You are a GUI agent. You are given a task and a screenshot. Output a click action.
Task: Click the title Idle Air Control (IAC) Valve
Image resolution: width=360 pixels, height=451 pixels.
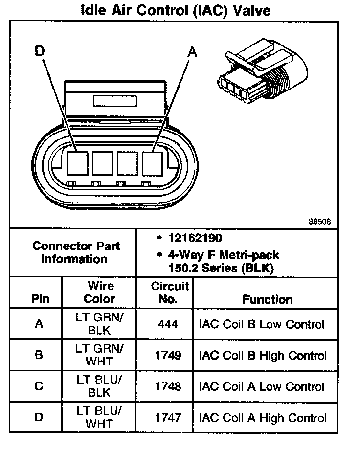(x=175, y=10)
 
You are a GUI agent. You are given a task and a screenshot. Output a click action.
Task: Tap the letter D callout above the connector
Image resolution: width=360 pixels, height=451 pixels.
(x=40, y=51)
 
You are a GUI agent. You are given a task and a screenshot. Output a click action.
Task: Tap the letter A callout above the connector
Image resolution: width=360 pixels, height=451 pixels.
(x=193, y=52)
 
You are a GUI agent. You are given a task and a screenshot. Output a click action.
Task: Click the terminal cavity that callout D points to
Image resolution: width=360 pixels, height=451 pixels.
(x=77, y=163)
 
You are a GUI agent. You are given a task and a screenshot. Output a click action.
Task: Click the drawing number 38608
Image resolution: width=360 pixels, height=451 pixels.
(x=320, y=221)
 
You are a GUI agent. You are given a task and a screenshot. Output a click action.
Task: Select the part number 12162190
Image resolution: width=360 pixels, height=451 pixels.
(x=194, y=238)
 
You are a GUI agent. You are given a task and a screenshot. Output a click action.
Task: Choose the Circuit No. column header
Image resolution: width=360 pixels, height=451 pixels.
(x=169, y=292)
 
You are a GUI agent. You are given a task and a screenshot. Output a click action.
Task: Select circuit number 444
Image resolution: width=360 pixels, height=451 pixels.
(x=168, y=324)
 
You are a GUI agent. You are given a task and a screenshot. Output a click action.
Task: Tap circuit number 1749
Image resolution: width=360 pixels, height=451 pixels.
(x=168, y=356)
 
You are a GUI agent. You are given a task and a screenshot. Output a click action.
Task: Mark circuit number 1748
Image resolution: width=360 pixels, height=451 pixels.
(x=168, y=387)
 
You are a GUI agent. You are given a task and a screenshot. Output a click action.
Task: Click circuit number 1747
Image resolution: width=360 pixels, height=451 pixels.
(x=168, y=418)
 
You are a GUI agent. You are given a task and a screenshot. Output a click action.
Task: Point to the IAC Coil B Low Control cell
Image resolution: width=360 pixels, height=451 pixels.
(x=262, y=324)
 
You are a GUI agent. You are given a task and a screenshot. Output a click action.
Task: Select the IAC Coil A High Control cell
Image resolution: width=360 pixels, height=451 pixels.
(x=263, y=418)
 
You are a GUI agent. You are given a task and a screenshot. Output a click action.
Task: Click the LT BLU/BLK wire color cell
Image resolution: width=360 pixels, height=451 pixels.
(x=99, y=386)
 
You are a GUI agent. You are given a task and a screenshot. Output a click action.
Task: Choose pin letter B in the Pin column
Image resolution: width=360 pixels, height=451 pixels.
(x=39, y=356)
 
